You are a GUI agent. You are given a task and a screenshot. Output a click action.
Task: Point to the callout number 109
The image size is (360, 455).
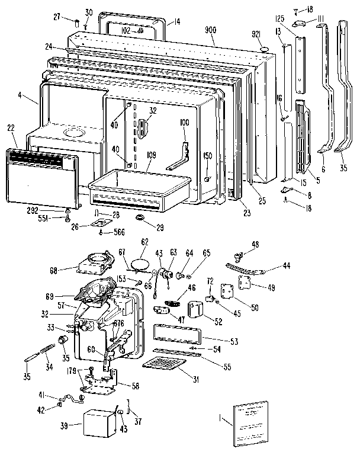click(x=152, y=156)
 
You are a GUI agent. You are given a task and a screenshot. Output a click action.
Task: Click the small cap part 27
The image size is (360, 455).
click(x=77, y=22)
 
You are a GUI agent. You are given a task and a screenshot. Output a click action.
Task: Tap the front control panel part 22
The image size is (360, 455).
click(x=43, y=178)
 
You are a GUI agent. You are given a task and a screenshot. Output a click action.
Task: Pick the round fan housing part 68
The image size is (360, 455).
click(x=95, y=264)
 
